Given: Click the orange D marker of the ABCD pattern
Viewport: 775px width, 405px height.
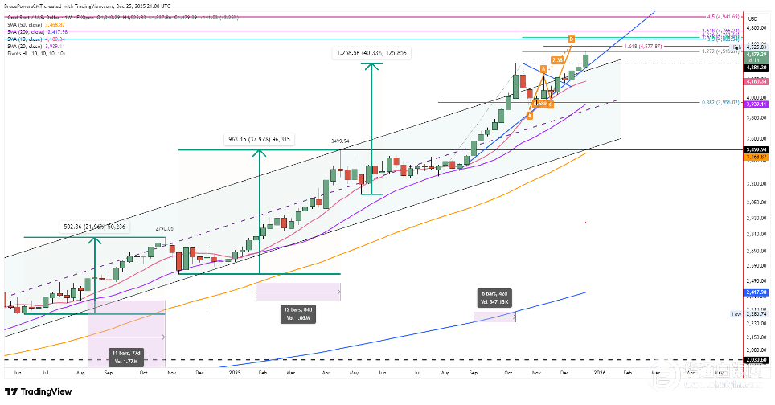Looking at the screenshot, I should point(571,39).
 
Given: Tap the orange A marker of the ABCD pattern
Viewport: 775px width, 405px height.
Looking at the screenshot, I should point(530,115).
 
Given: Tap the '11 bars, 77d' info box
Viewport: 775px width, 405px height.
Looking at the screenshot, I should point(125,357).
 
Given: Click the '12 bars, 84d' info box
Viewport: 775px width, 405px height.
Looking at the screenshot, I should point(298,313).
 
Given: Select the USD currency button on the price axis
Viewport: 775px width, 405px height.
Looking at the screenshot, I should point(752,18).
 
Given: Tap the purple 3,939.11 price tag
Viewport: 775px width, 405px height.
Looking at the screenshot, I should point(756,104).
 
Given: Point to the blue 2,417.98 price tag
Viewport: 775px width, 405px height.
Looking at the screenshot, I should point(756,292).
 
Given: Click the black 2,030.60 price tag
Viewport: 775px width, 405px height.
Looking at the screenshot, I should point(756,360).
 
